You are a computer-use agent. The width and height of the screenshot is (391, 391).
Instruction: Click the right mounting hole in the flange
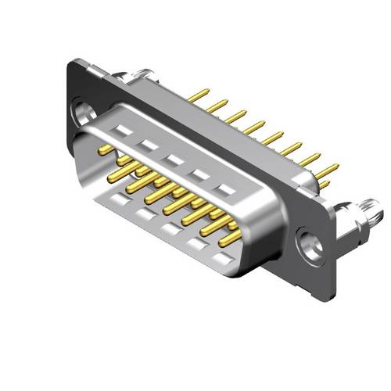pos(311,245)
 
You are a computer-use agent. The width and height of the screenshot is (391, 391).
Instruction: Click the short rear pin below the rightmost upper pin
pos(324,185)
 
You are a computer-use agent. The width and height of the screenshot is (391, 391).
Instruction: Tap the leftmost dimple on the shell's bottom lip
pos(117,199)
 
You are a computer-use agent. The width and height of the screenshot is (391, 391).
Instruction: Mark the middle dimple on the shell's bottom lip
pos(170,228)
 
